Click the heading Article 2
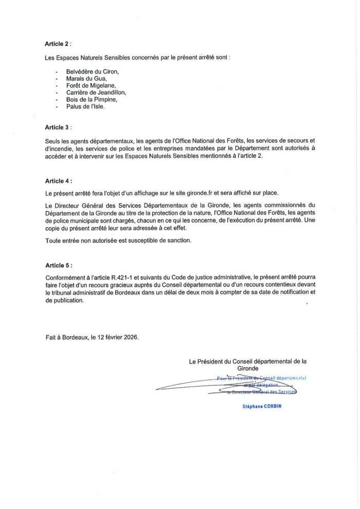point(58,45)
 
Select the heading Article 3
point(58,127)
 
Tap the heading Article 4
point(58,181)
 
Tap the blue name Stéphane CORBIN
point(262,406)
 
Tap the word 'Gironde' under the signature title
point(248,369)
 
